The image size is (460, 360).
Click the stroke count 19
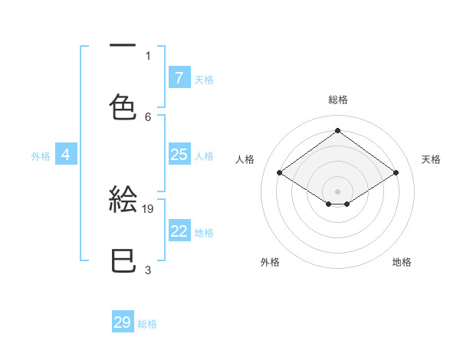coord(149,208)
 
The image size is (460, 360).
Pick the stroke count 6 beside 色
coord(148,116)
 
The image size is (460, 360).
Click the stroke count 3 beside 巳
coord(148,270)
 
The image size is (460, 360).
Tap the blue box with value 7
coord(179,78)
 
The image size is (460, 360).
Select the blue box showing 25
coord(179,155)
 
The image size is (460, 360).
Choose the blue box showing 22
coord(179,231)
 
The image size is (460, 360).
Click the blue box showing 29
coord(123,322)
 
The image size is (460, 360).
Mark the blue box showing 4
coord(66,155)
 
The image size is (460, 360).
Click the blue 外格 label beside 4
coord(41,155)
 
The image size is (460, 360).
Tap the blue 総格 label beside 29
coord(148,323)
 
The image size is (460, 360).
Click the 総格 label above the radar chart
coord(338,100)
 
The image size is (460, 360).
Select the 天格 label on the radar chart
coord(431,159)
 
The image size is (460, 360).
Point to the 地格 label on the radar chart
coord(402,262)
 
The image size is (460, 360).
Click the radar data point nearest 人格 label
coord(280,173)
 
